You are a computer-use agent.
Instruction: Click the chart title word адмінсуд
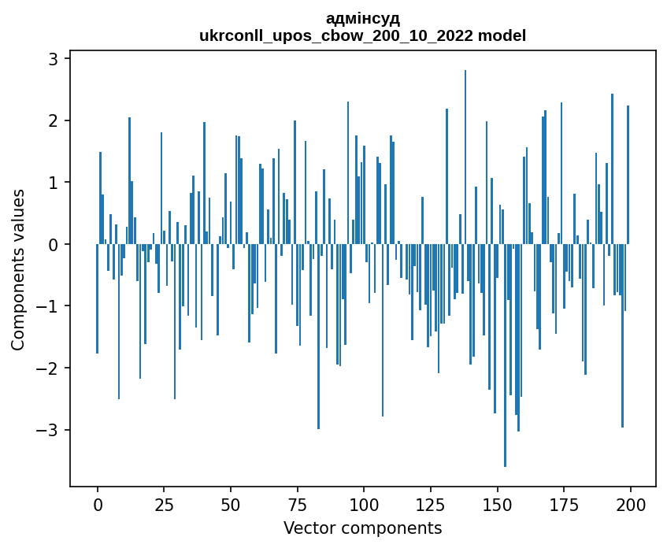click(363, 18)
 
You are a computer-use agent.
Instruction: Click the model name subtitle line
click(363, 35)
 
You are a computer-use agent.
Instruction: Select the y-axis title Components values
click(17, 269)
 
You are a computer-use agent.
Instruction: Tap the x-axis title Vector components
click(363, 528)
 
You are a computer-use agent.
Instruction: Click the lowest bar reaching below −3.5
click(505, 354)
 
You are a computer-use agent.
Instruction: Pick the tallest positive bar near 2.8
click(465, 157)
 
